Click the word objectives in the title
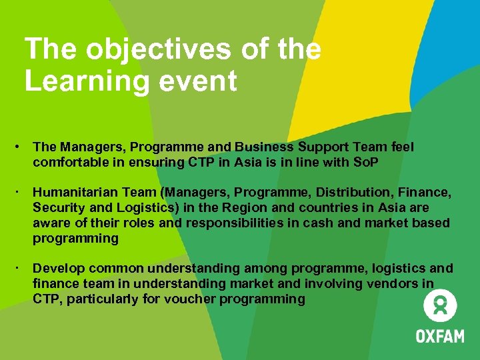pos(132,51)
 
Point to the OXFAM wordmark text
pos(440,335)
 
